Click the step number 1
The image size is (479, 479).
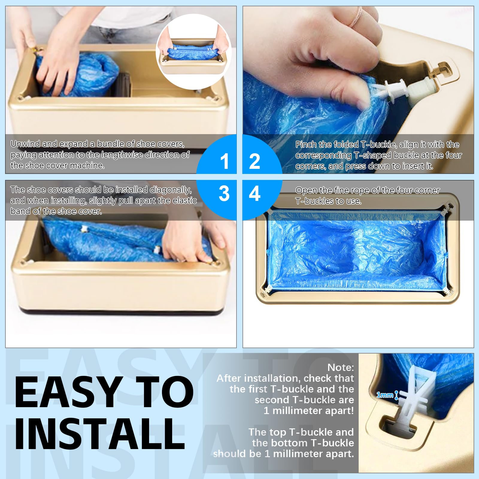point(224,161)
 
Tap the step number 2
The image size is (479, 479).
point(254,161)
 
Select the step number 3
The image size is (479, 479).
point(224,193)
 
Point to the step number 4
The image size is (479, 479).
point(255,193)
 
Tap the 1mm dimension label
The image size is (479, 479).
point(385,395)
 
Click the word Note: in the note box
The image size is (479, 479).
point(341,367)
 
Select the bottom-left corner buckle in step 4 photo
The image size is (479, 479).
point(267,289)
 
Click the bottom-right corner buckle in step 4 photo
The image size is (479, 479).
point(448,291)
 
